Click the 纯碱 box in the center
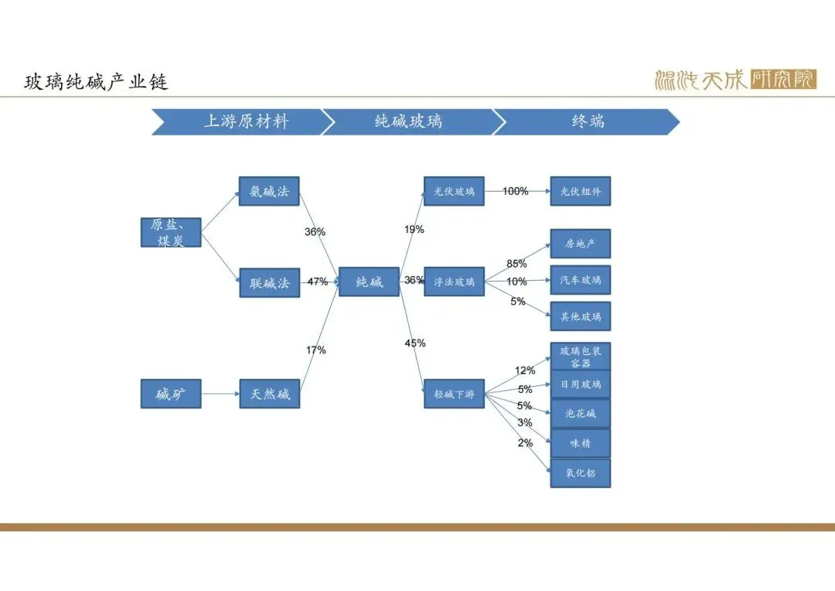click(x=369, y=282)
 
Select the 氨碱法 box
click(x=269, y=191)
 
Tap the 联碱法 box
click(x=269, y=283)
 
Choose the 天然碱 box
click(x=269, y=395)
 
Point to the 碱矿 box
click(x=171, y=395)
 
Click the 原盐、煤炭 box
click(x=171, y=232)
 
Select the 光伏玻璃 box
click(x=454, y=191)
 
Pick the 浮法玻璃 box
click(x=454, y=282)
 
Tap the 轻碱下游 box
click(x=454, y=395)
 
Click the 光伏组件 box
click(x=580, y=191)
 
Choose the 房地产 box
click(x=580, y=244)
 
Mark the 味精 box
click(x=580, y=443)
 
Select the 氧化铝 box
click(x=580, y=473)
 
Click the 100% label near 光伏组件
click(x=515, y=191)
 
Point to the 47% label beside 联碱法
click(x=318, y=282)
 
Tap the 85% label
click(x=516, y=264)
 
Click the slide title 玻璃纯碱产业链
click(x=96, y=81)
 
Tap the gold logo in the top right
click(x=734, y=80)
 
